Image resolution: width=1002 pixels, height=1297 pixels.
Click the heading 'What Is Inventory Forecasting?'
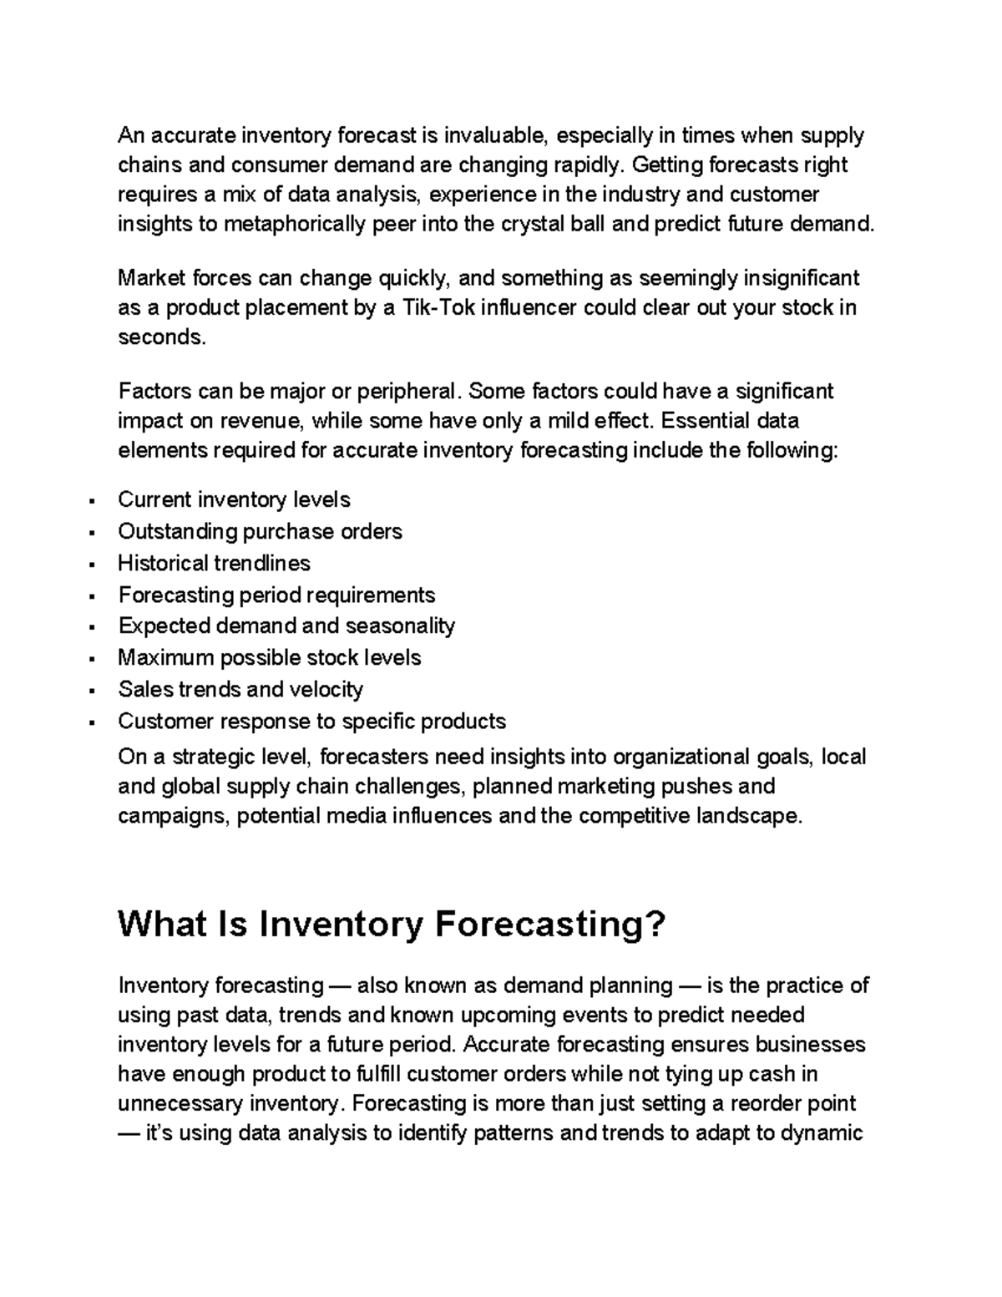pyautogui.click(x=392, y=925)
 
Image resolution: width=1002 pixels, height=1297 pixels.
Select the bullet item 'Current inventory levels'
pyautogui.click(x=234, y=500)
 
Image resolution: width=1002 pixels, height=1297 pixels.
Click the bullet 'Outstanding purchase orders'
pyautogui.click(x=260, y=532)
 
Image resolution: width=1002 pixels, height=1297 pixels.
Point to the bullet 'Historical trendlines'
pyautogui.click(x=214, y=564)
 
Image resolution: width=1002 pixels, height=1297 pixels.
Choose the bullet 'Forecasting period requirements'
pyautogui.click(x=276, y=595)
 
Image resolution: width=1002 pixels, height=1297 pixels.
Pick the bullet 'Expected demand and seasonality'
pyautogui.click(x=286, y=626)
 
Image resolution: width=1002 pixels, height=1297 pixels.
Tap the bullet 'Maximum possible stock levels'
pyautogui.click(x=269, y=658)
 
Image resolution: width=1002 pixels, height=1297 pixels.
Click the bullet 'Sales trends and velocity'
pyautogui.click(x=240, y=690)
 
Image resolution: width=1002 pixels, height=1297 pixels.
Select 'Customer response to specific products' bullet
pyautogui.click(x=311, y=722)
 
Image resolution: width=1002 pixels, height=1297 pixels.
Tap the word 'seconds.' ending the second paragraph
pyautogui.click(x=161, y=338)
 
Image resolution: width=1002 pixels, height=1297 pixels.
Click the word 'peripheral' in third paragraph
pyautogui.click(x=407, y=392)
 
